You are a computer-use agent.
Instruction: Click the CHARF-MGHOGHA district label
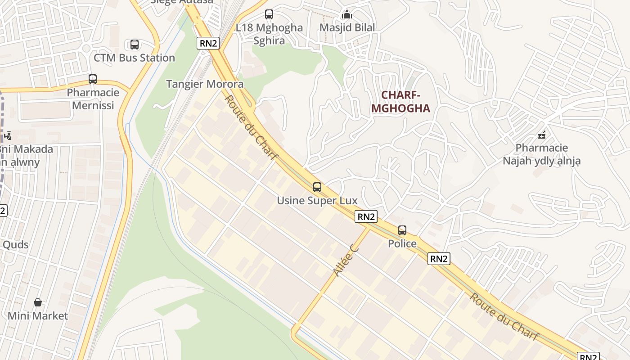point(400,102)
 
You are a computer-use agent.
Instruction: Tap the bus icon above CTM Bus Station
point(135,45)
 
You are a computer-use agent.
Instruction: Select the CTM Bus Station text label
point(134,58)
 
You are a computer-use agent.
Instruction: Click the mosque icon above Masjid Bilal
point(346,14)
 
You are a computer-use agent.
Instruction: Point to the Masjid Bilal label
point(347,27)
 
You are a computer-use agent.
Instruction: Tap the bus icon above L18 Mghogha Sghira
point(269,14)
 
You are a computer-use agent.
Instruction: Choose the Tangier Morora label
point(205,84)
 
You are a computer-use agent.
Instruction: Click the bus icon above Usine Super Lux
point(317,187)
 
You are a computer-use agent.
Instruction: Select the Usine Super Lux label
point(317,201)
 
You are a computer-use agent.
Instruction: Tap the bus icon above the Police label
point(402,230)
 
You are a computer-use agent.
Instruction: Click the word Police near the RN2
point(402,244)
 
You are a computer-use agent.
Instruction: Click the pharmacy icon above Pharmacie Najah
point(542,135)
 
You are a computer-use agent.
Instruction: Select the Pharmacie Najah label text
point(542,154)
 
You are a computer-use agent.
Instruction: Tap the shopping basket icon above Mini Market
point(38,302)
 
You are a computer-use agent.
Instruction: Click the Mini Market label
point(38,316)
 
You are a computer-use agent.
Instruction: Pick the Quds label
point(16,245)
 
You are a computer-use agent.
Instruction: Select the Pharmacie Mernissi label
point(93,99)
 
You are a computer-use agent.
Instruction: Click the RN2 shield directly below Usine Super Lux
point(366,216)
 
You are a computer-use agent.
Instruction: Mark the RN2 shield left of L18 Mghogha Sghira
point(208,43)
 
